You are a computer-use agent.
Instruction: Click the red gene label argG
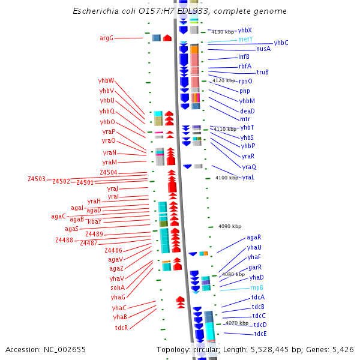pyautogui.click(x=106, y=38)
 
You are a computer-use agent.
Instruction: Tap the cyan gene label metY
pyautogui.click(x=245, y=40)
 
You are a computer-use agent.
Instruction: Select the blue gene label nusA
pyautogui.click(x=263, y=49)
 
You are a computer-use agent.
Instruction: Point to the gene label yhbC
pyautogui.click(x=281, y=43)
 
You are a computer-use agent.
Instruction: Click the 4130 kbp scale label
pyautogui.click(x=223, y=32)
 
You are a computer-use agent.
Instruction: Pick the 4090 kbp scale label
pyautogui.click(x=230, y=226)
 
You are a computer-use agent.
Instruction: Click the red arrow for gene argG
pyautogui.click(x=167, y=38)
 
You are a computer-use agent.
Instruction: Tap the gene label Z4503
pyautogui.click(x=37, y=179)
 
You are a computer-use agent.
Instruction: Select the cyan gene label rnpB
pyautogui.click(x=257, y=288)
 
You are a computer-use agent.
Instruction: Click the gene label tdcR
pyautogui.click(x=122, y=328)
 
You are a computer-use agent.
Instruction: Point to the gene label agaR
pyautogui.click(x=254, y=238)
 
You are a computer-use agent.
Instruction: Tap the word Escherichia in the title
pyautogui.click(x=96, y=11)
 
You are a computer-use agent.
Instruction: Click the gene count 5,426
pyautogui.click(x=342, y=349)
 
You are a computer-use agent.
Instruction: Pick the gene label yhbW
pyautogui.click(x=106, y=81)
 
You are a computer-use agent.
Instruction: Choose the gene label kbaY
pyautogui.click(x=95, y=222)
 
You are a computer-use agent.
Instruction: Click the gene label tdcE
pyautogui.click(x=260, y=334)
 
